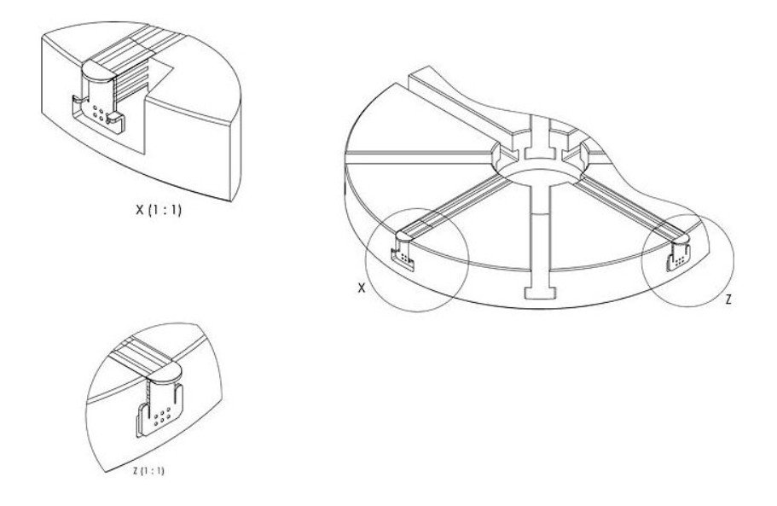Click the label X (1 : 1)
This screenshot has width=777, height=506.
pos(159,210)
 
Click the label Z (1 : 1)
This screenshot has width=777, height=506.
pos(148,470)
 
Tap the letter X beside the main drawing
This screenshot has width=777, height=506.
pos(362,288)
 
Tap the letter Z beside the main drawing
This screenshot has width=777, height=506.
pos(728,300)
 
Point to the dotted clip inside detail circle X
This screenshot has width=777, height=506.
pos(404,252)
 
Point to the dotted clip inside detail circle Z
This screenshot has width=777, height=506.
pos(678,253)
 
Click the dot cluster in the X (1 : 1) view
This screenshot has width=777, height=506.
pos(99,113)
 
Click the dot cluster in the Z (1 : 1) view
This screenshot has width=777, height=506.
pos(162,416)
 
